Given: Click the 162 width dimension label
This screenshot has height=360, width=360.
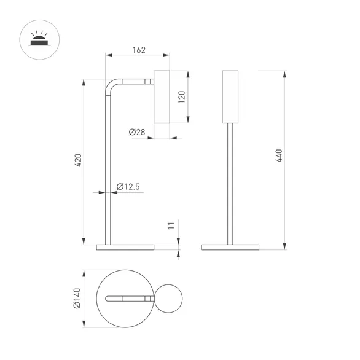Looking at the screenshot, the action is click(139, 50).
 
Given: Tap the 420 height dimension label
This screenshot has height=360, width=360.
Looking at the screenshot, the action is click(78, 160).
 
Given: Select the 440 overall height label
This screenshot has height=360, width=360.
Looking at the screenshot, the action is click(279, 155).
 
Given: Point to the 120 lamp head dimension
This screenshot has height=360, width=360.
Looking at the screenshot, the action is click(182, 97).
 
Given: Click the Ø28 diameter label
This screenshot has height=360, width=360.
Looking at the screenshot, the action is click(137, 132).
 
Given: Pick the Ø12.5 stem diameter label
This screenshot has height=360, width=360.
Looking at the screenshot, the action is click(128, 186).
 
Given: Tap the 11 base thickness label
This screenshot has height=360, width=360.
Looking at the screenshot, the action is click(171, 225).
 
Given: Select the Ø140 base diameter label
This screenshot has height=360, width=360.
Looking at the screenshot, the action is click(77, 298).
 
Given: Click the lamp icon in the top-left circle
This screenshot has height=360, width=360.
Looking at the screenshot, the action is click(39, 39).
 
